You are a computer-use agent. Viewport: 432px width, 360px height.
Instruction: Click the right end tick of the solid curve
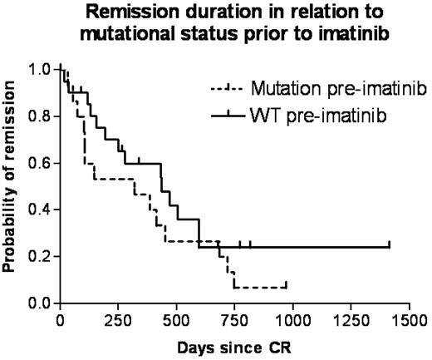pyautogui.click(x=389, y=244)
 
